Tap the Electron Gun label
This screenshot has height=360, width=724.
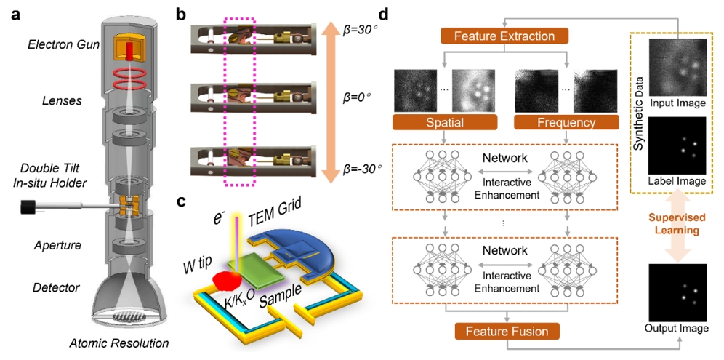(60, 45)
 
